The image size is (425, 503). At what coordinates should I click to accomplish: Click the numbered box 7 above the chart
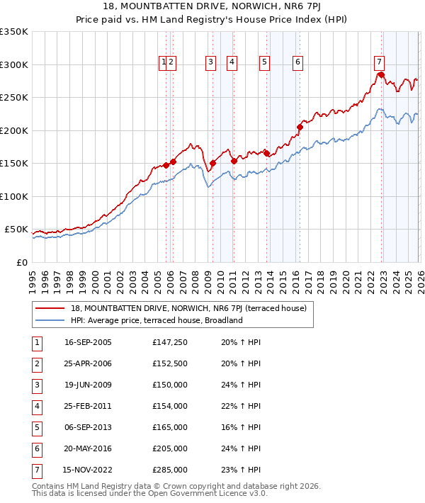click(380, 62)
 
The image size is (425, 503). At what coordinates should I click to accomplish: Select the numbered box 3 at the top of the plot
click(211, 62)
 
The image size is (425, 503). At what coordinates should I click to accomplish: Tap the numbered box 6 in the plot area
click(297, 62)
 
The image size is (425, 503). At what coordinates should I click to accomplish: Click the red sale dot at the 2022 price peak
click(380, 75)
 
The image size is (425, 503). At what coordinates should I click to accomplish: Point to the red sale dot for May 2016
click(299, 128)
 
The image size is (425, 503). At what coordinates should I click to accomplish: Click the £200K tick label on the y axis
click(14, 130)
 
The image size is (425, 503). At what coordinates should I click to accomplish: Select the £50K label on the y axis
click(16, 230)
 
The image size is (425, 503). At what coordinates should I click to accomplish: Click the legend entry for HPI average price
click(157, 320)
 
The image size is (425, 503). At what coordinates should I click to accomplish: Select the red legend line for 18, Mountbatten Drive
click(50, 308)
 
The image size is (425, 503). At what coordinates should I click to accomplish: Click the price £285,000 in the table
click(170, 470)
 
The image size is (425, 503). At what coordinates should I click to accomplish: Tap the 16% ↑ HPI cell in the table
click(240, 427)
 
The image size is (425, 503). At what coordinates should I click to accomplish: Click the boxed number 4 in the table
click(37, 406)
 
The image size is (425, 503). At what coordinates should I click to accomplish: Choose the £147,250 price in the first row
click(170, 342)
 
